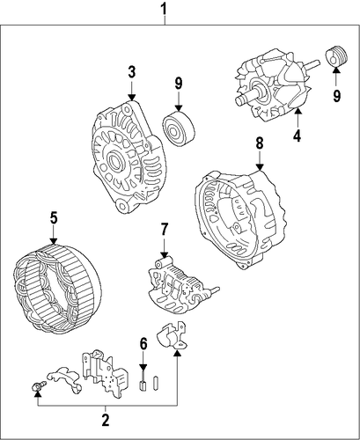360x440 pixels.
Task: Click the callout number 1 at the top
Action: (x=165, y=9)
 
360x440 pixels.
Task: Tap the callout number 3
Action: (x=132, y=72)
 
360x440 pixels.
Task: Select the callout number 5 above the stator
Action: (x=54, y=218)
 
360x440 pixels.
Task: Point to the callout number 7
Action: (x=164, y=230)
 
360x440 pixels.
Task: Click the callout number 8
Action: (x=260, y=143)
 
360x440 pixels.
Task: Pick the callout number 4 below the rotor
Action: (x=298, y=136)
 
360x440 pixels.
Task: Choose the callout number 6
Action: (x=143, y=344)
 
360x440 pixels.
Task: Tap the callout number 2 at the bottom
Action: (x=106, y=421)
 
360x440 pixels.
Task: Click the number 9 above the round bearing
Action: (x=179, y=84)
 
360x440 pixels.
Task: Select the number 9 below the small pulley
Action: (x=336, y=95)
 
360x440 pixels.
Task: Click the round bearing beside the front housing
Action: (x=179, y=128)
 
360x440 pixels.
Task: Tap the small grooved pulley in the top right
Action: (x=336, y=56)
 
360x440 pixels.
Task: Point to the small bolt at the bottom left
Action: (x=38, y=385)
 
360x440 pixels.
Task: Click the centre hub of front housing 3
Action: (x=114, y=161)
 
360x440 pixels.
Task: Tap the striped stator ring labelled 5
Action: (x=57, y=289)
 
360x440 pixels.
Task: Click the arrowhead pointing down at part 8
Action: (x=260, y=167)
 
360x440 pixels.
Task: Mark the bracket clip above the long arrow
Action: (x=173, y=335)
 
